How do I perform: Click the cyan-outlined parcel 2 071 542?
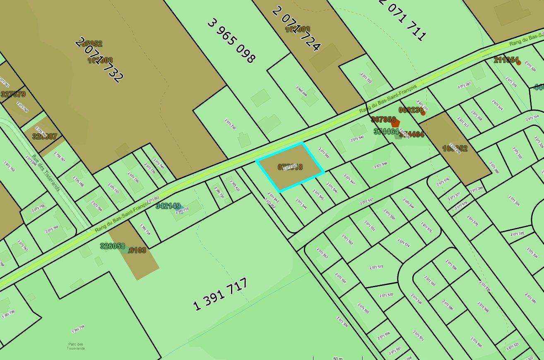tap(290, 167)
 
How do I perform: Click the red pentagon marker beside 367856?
tap(395, 122)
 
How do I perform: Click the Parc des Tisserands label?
tap(75, 346)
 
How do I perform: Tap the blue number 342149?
tap(168, 206)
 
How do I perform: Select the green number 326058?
tap(113, 246)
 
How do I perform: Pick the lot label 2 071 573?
tap(374, 267)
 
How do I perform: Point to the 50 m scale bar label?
tap(338, 358)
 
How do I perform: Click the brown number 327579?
tap(13, 94)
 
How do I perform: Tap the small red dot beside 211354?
tap(518, 63)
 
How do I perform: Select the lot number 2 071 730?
tap(230, 124)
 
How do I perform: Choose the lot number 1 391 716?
tap(78, 329)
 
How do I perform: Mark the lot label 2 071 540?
tap(357, 138)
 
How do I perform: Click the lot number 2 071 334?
tap(514, 201)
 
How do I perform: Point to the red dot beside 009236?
tap(423, 113)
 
